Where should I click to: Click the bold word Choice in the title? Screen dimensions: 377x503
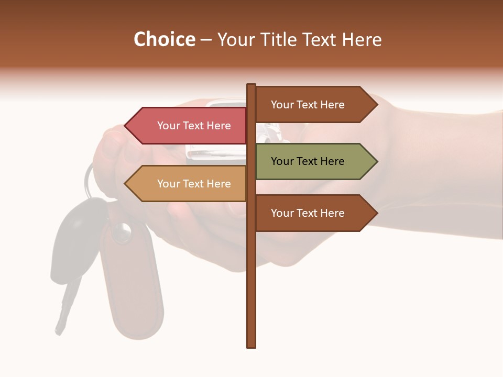[x=164, y=40]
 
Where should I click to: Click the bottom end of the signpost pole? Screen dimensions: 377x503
[x=251, y=345]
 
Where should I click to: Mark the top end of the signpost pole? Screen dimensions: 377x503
[x=251, y=86]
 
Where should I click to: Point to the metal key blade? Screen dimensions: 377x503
[x=65, y=309]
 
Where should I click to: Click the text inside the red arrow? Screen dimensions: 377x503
[x=194, y=126]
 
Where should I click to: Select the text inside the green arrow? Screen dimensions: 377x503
[x=308, y=161]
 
